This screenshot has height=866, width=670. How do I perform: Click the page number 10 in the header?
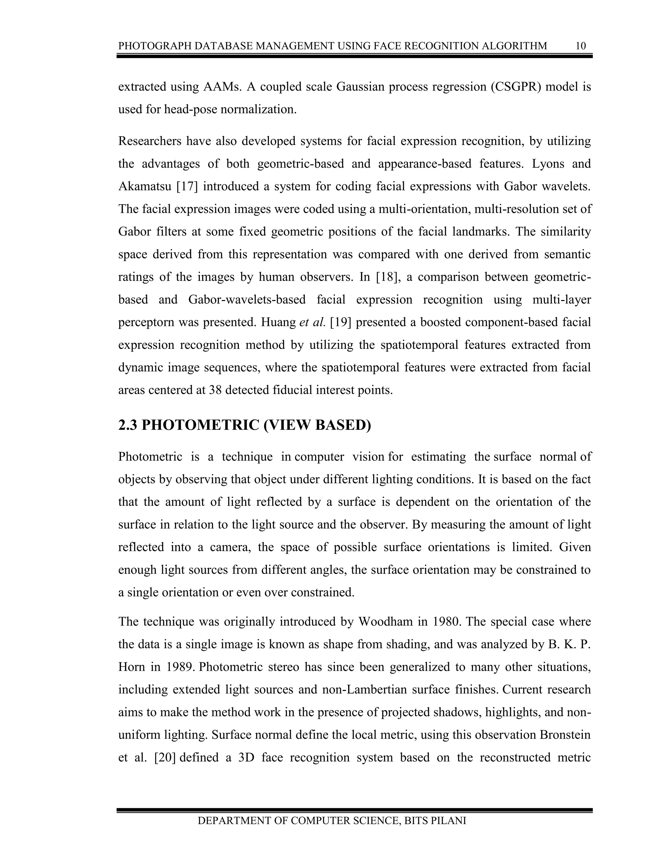coord(580,46)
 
